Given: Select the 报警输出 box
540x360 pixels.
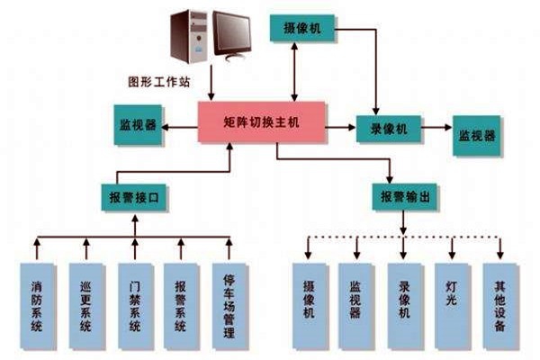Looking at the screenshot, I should coord(400,196).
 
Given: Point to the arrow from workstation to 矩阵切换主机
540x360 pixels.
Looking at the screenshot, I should coord(212,88).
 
